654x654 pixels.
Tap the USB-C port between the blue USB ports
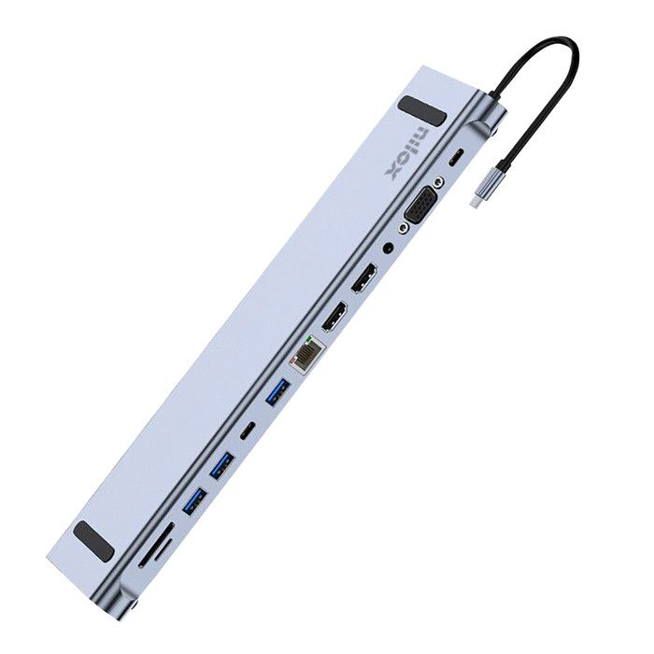[x=248, y=433]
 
